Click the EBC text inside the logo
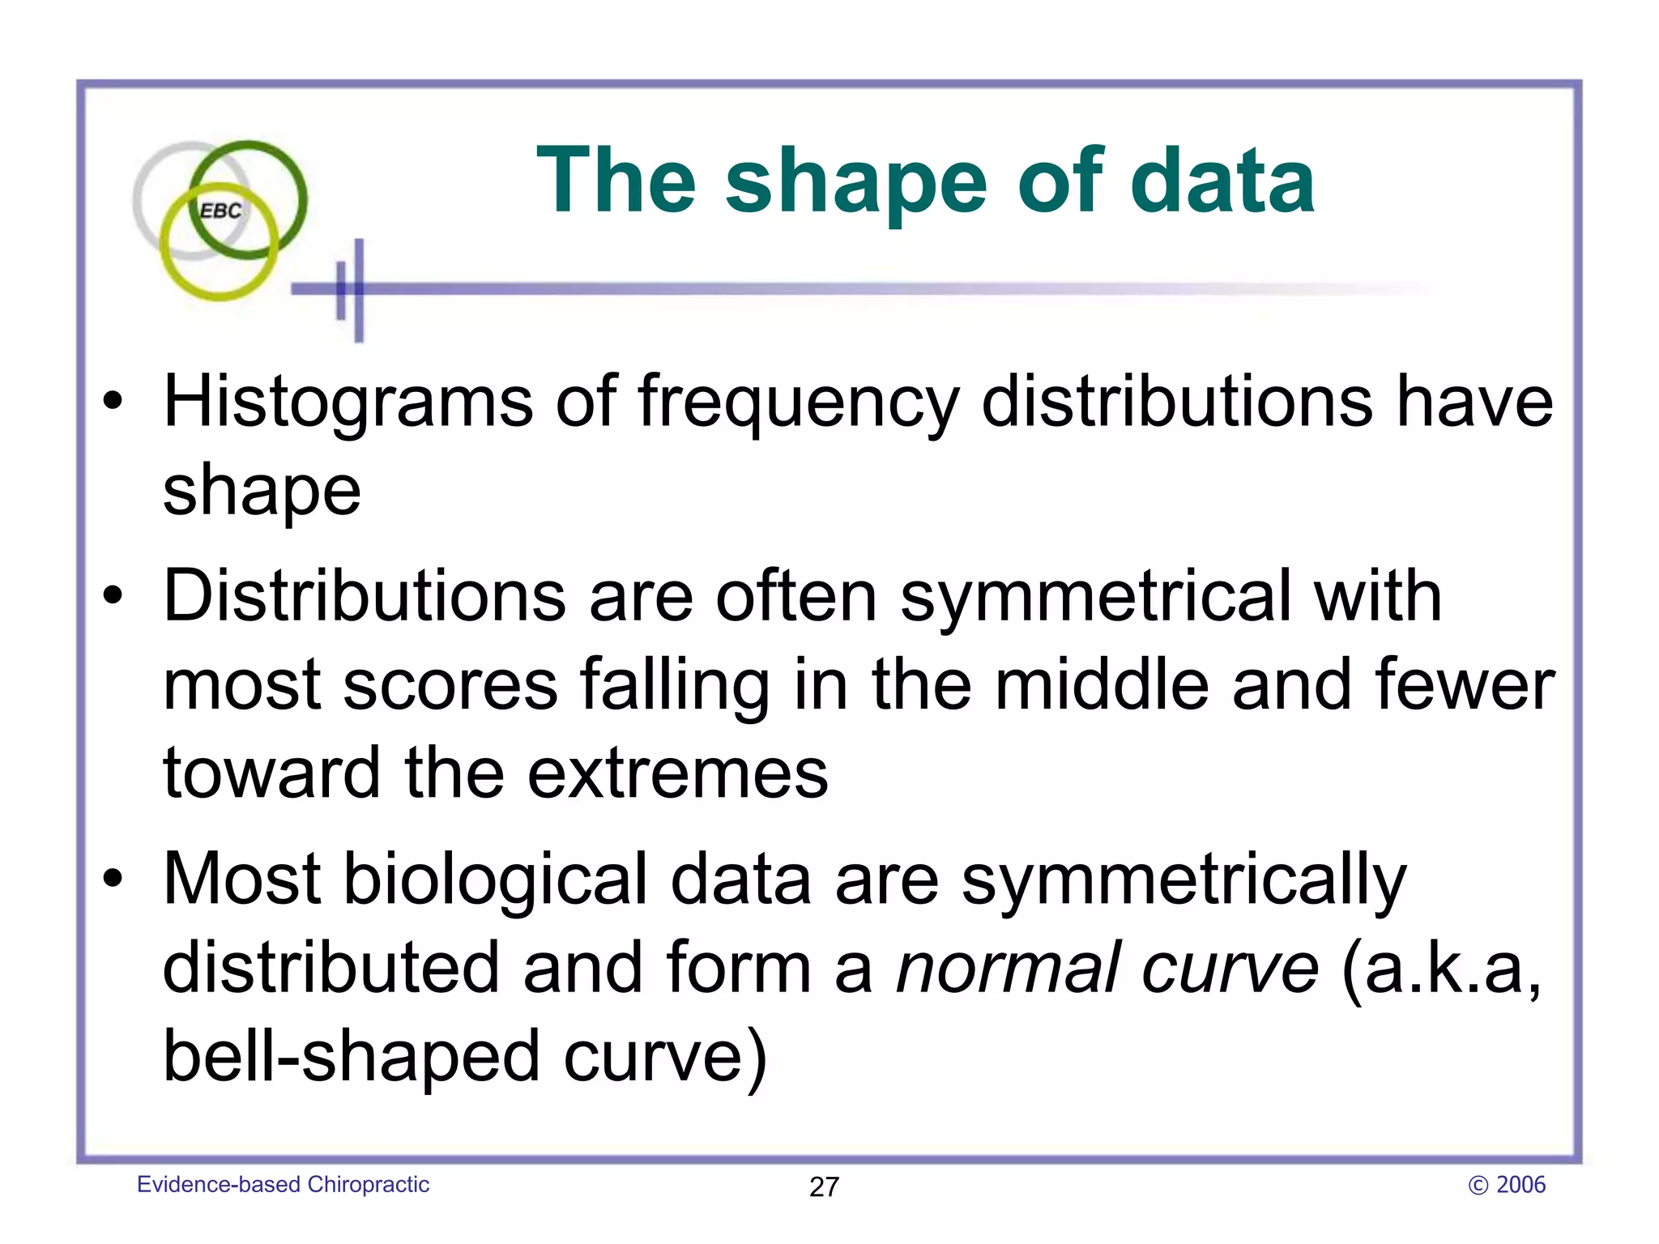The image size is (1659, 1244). pos(220,211)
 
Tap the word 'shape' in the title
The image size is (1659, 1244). pos(855,183)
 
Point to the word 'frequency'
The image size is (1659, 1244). pos(799,403)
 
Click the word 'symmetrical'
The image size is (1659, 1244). pos(1094,598)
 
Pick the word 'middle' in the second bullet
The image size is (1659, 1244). pos(1102,685)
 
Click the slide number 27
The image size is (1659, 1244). pos(824,1187)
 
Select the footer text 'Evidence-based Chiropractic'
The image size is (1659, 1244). pos(283,1185)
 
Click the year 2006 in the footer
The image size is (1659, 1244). pos(1520,1185)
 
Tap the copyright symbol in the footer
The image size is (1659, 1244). pos(1478,1186)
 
